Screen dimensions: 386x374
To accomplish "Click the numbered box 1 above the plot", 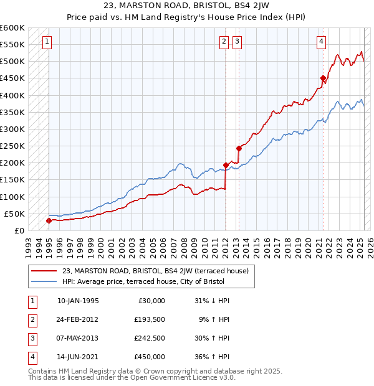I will point(47,42).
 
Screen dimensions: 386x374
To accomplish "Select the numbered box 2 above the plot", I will point(224,42).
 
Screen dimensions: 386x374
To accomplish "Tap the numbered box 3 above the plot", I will point(237,42).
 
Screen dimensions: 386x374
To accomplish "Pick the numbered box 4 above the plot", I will point(321,42).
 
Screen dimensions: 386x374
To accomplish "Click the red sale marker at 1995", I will point(49,220).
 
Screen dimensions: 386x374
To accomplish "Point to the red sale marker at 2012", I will point(226,165).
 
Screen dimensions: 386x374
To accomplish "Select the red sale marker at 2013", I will point(239,149).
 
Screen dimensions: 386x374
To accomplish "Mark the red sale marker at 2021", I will point(323,78).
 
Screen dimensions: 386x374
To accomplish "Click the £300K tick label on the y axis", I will point(12,129).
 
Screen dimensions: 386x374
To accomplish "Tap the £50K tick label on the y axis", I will point(14,214).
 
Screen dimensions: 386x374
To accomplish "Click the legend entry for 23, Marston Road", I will point(155,271).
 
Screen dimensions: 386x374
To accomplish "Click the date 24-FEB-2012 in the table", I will point(78,319).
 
